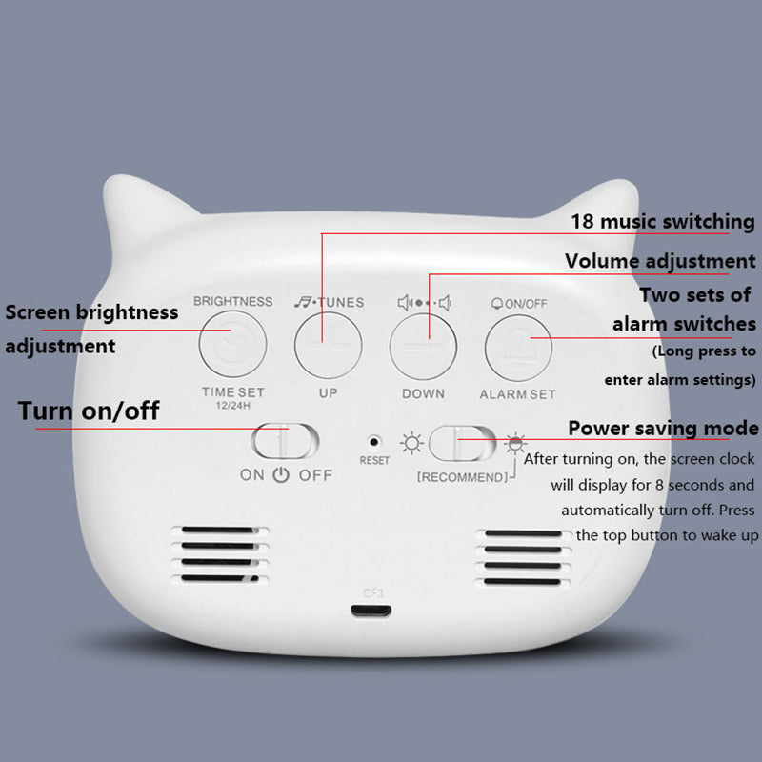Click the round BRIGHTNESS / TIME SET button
pos(232,343)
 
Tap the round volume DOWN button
pos(423,343)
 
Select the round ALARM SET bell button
pos(519,343)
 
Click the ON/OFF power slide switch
pos(286,442)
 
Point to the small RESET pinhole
pos(374,442)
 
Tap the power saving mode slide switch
pos(462,444)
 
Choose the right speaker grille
pos(522,556)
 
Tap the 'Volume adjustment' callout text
pos(660,261)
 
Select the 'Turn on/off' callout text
pos(89,411)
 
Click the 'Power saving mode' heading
pos(663,428)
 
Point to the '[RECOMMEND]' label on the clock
pos(462,476)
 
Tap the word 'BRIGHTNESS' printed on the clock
pos(232,301)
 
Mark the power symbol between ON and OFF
pos(280,474)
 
